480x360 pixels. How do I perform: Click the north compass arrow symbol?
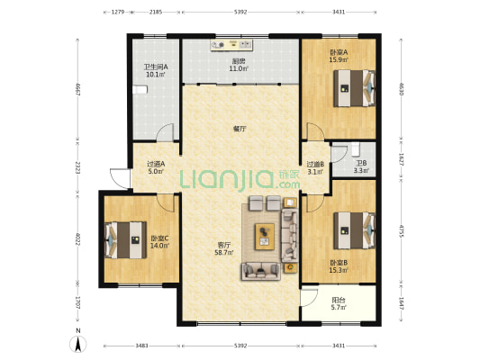coord(78,345)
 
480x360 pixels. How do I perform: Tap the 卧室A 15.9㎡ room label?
coord(339,56)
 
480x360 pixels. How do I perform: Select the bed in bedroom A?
coord(354,88)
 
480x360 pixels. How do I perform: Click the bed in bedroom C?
coord(125,240)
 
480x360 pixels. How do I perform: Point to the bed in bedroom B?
coord(354,230)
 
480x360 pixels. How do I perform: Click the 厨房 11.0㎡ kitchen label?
coord(239,65)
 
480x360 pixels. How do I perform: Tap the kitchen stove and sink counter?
coord(231,45)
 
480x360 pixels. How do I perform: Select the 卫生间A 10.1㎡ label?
coord(156,70)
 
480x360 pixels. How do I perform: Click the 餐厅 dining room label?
coord(240,129)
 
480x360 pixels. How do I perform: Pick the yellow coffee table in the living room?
coord(265,237)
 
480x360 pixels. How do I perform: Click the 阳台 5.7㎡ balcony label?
coord(339,303)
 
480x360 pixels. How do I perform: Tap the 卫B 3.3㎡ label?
coord(361,167)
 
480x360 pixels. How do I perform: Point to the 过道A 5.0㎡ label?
coord(156,167)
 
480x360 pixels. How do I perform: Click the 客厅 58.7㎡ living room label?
coord(224,248)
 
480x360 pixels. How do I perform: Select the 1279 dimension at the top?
coord(118,12)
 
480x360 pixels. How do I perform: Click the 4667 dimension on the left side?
coord(77,90)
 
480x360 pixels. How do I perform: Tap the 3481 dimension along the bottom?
coord(141,346)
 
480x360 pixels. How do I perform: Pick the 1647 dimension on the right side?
coord(402,303)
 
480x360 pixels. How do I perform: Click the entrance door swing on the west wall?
coord(121,178)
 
